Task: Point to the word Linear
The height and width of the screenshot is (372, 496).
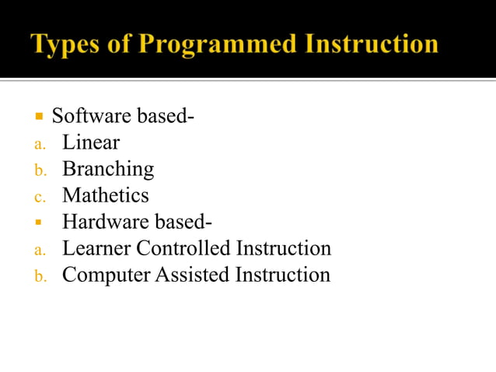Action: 91,143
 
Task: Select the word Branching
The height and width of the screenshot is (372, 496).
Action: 108,170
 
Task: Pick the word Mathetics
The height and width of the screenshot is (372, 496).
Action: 106,195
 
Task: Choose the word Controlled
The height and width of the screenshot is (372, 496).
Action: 183,248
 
